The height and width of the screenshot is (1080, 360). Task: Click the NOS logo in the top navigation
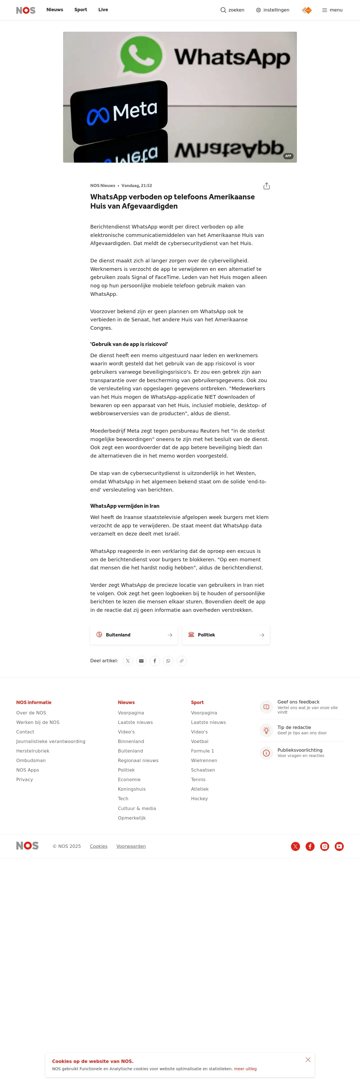26,10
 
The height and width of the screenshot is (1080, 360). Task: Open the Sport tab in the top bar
80,10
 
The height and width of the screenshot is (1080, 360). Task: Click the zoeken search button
232,10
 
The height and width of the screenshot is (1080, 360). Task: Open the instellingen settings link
273,10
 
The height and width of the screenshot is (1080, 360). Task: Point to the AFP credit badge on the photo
288,156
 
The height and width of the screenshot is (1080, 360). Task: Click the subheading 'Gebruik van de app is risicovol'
129,344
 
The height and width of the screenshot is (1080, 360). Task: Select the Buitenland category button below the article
134,635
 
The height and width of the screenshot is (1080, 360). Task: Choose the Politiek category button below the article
226,635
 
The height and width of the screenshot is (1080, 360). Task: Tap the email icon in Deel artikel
141,661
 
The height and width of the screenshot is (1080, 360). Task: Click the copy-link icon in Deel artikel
181,661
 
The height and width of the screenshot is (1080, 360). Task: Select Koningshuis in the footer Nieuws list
131,789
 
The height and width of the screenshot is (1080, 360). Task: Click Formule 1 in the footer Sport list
202,751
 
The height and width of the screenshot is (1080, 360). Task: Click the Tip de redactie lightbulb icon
266,730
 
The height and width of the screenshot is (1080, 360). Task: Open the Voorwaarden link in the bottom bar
131,846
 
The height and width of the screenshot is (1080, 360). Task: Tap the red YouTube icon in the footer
339,846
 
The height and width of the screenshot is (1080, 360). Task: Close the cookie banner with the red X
308,1060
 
